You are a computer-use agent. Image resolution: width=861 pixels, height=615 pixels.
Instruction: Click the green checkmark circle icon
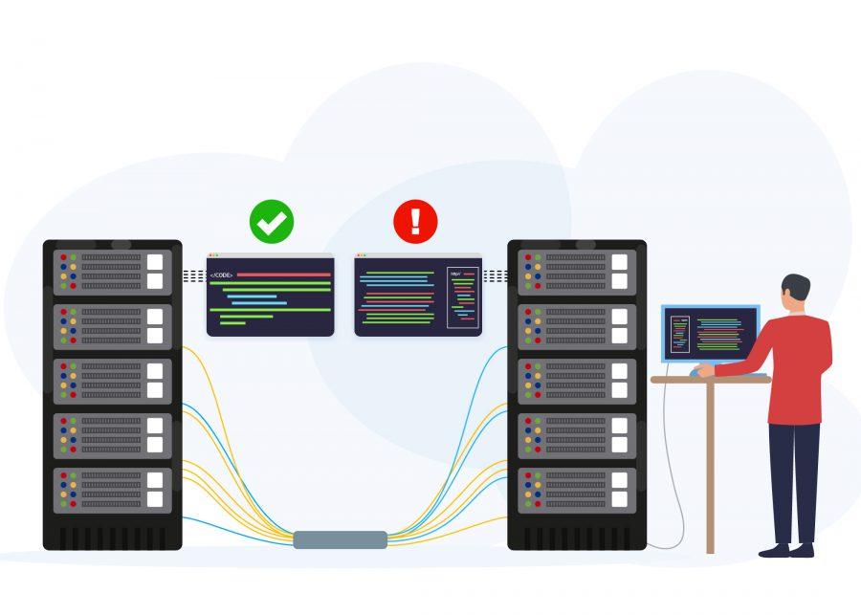272,222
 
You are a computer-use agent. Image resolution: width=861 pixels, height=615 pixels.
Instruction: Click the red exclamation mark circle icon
415,222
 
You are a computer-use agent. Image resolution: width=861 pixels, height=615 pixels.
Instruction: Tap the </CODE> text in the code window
221,275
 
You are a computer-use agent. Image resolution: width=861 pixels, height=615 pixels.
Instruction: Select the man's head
795,293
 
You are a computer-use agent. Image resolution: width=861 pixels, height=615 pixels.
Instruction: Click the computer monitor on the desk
710,333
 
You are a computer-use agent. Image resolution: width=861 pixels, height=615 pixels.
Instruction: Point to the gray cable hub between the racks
341,539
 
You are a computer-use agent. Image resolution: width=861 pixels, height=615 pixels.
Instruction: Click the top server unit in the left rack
112,272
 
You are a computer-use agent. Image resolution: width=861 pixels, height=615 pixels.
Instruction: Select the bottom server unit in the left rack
112,490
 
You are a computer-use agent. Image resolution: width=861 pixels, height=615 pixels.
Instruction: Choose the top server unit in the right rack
577,272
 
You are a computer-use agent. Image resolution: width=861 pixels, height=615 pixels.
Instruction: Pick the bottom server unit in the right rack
577,490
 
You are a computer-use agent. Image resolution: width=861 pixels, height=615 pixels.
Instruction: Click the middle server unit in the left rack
112,381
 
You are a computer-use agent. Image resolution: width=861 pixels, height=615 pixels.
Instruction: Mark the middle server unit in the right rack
577,381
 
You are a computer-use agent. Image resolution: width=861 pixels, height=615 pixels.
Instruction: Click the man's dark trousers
795,478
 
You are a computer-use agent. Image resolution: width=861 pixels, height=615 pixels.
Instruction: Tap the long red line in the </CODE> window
283,275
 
